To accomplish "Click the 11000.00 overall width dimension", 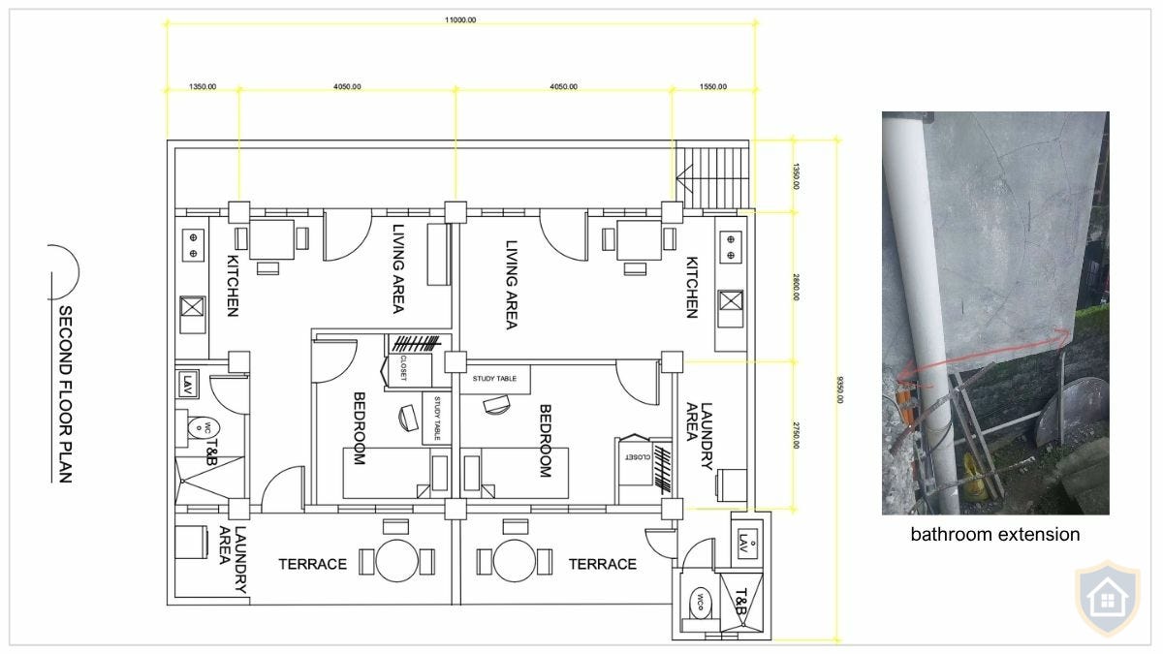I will click(x=459, y=19).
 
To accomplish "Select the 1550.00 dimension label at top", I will click(x=712, y=86).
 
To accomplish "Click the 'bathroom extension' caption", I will click(x=994, y=534).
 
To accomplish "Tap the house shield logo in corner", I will click(x=1107, y=599).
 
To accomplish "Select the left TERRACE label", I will click(x=312, y=564).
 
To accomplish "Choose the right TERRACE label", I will click(x=602, y=564).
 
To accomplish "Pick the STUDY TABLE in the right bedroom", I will click(x=494, y=379).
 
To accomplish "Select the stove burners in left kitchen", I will click(x=193, y=245).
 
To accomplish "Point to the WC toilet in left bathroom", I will click(x=200, y=427).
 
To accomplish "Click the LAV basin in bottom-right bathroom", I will click(x=744, y=539).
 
